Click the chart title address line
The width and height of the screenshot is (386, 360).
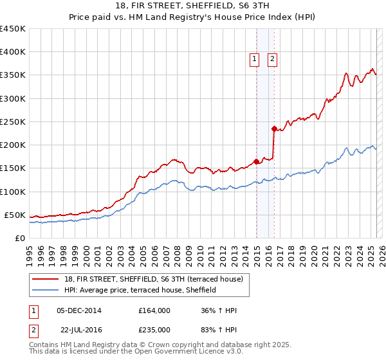192,6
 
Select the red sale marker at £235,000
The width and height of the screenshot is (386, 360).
274,129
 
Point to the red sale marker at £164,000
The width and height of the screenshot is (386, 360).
256,161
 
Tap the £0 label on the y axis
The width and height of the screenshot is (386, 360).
19,238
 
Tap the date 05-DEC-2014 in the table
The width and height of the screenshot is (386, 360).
79,310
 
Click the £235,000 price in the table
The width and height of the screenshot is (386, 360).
154,329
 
